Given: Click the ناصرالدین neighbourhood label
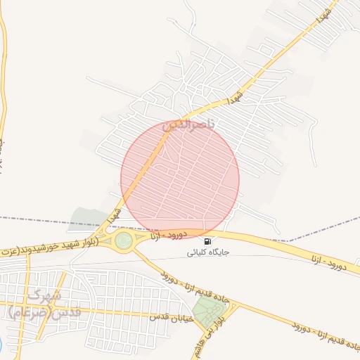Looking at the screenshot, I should click(191, 126).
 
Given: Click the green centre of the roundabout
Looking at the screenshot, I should click(124, 241).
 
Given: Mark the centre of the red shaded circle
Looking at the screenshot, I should click(180, 179).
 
